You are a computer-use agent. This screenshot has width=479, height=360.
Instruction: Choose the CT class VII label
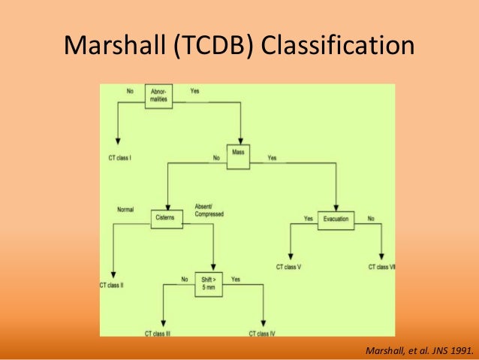pyautogui.click(x=383, y=267)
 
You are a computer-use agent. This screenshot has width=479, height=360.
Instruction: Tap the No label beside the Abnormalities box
pyautogui.click(x=130, y=92)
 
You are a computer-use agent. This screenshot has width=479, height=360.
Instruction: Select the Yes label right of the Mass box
pyautogui.click(x=272, y=159)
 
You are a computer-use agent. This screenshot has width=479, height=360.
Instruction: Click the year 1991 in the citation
pyautogui.click(x=462, y=349)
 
